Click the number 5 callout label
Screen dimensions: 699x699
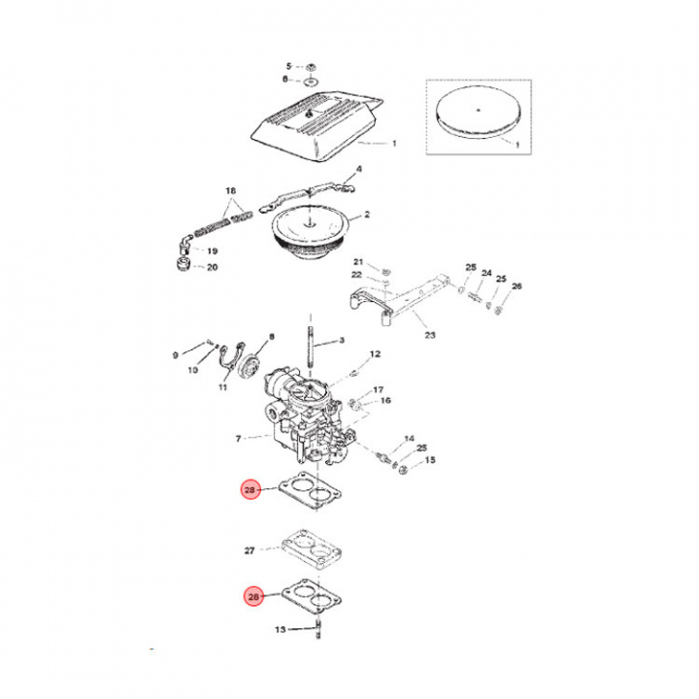(x=287, y=65)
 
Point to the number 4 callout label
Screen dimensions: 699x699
(x=358, y=169)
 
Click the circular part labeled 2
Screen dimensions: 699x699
(x=308, y=229)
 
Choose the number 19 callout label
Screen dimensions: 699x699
(x=213, y=250)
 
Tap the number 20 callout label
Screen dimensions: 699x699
(x=213, y=267)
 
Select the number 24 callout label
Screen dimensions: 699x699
(x=487, y=274)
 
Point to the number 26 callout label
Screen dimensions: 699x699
(x=516, y=286)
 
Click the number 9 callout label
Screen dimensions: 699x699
(x=176, y=355)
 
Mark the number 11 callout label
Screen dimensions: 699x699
(x=222, y=387)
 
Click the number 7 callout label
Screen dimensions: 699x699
(x=239, y=439)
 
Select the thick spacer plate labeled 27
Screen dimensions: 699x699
(x=311, y=549)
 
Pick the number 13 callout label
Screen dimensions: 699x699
(x=281, y=630)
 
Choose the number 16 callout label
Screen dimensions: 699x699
(x=385, y=400)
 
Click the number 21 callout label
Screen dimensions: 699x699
(x=357, y=263)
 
